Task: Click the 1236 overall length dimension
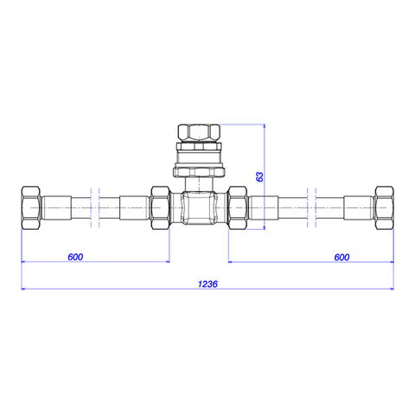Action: [x=207, y=284]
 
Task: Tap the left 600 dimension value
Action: [x=75, y=257]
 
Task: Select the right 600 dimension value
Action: [x=342, y=257]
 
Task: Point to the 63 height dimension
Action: [x=259, y=176]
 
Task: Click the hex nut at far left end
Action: [x=31, y=207]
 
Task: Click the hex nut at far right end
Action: [x=384, y=207]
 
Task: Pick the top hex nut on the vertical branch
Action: [x=199, y=132]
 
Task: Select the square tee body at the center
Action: [x=199, y=207]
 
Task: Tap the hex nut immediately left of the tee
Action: [x=161, y=207]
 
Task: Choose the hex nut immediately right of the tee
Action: [x=237, y=207]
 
